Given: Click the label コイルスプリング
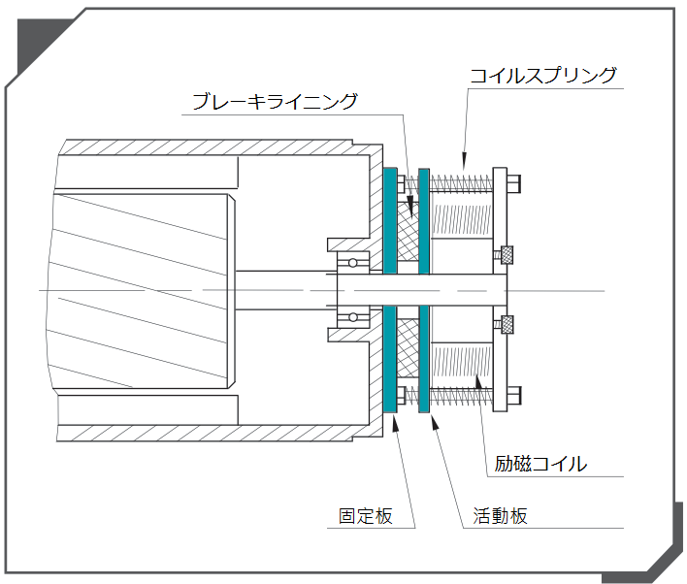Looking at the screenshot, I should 542,76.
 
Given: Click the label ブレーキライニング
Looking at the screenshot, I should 275,101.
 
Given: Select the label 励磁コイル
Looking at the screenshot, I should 540,464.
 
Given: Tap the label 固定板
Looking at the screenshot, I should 366,516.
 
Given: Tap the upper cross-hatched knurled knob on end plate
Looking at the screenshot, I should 506,255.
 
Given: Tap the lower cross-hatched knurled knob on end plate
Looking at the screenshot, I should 506,324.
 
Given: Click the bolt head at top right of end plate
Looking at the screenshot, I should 514,181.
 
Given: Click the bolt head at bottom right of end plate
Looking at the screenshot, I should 514,396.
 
